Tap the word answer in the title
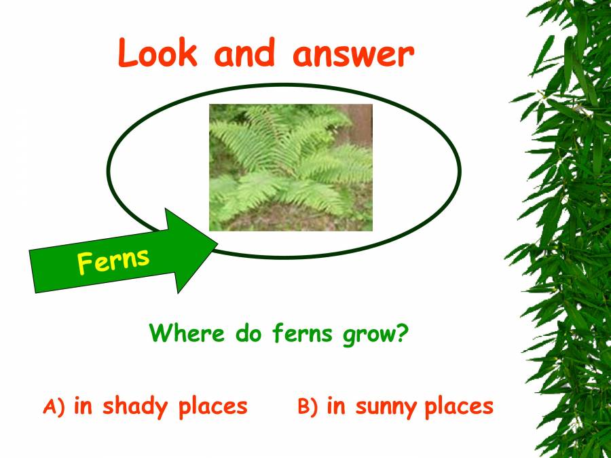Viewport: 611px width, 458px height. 353,54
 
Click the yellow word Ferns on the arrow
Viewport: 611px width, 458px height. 113,260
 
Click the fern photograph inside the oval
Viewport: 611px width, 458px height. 291,167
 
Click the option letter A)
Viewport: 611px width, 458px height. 54,406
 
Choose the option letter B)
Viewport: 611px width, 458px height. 308,406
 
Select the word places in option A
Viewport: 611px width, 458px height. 213,406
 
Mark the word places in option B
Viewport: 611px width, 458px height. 459,406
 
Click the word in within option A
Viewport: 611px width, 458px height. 83,405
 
